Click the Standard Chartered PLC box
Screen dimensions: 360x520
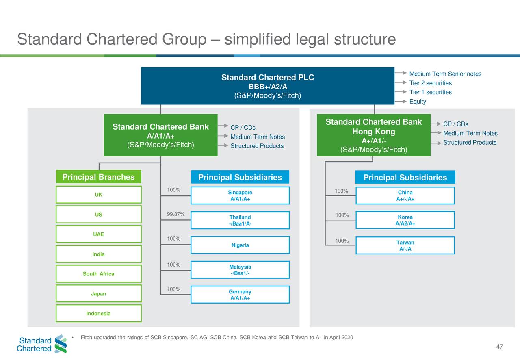267,86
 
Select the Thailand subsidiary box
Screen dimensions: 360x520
240,220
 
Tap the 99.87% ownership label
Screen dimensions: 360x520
175,215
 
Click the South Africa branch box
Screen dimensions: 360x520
98,274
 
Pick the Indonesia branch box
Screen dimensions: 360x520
98,314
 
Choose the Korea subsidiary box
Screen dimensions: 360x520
405,220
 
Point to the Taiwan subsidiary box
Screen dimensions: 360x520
405,245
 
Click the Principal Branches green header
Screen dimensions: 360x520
98,177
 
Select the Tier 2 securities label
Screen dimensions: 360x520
430,83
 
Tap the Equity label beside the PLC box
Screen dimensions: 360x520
418,102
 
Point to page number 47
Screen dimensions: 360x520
500,347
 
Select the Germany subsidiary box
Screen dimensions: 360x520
240,295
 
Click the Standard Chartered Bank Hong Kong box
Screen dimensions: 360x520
374,136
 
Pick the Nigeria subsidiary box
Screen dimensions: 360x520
240,245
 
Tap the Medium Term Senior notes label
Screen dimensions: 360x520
445,74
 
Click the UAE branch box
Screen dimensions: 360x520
98,234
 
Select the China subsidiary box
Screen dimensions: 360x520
405,195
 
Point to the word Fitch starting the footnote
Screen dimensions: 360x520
87,338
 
